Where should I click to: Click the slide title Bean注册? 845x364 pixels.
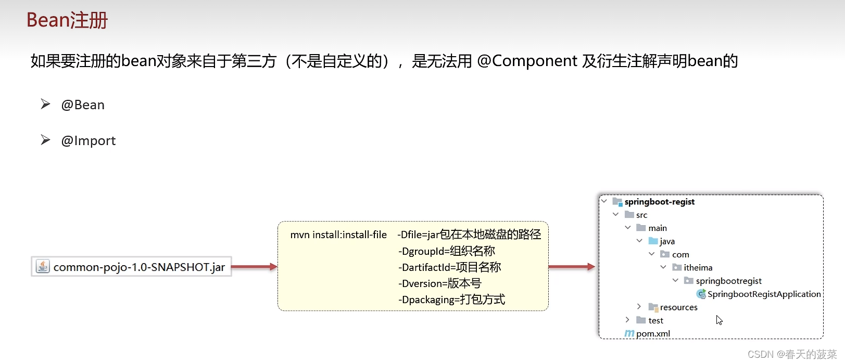[67, 20]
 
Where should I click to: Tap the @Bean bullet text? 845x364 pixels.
[83, 105]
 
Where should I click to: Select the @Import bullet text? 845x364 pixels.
[89, 141]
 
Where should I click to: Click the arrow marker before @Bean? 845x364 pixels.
[46, 105]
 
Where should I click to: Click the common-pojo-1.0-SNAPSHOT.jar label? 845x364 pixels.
[139, 267]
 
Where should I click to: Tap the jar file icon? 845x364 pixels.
[43, 267]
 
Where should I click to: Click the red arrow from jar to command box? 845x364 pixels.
[254, 267]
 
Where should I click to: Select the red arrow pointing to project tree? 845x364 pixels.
[571, 267]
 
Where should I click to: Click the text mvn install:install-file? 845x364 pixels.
[338, 235]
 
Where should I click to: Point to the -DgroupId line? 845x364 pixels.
[446, 251]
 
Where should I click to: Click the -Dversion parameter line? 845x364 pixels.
[439, 283]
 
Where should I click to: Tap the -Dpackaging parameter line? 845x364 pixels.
[451, 300]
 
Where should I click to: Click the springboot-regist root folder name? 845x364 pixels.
[659, 202]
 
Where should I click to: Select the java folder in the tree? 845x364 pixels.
[667, 241]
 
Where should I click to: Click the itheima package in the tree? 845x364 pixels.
[698, 268]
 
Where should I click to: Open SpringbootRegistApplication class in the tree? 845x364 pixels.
[764, 294]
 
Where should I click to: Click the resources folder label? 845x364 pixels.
[678, 307]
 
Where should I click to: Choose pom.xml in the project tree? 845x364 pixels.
[653, 334]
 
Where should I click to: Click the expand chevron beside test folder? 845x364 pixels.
[627, 320]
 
